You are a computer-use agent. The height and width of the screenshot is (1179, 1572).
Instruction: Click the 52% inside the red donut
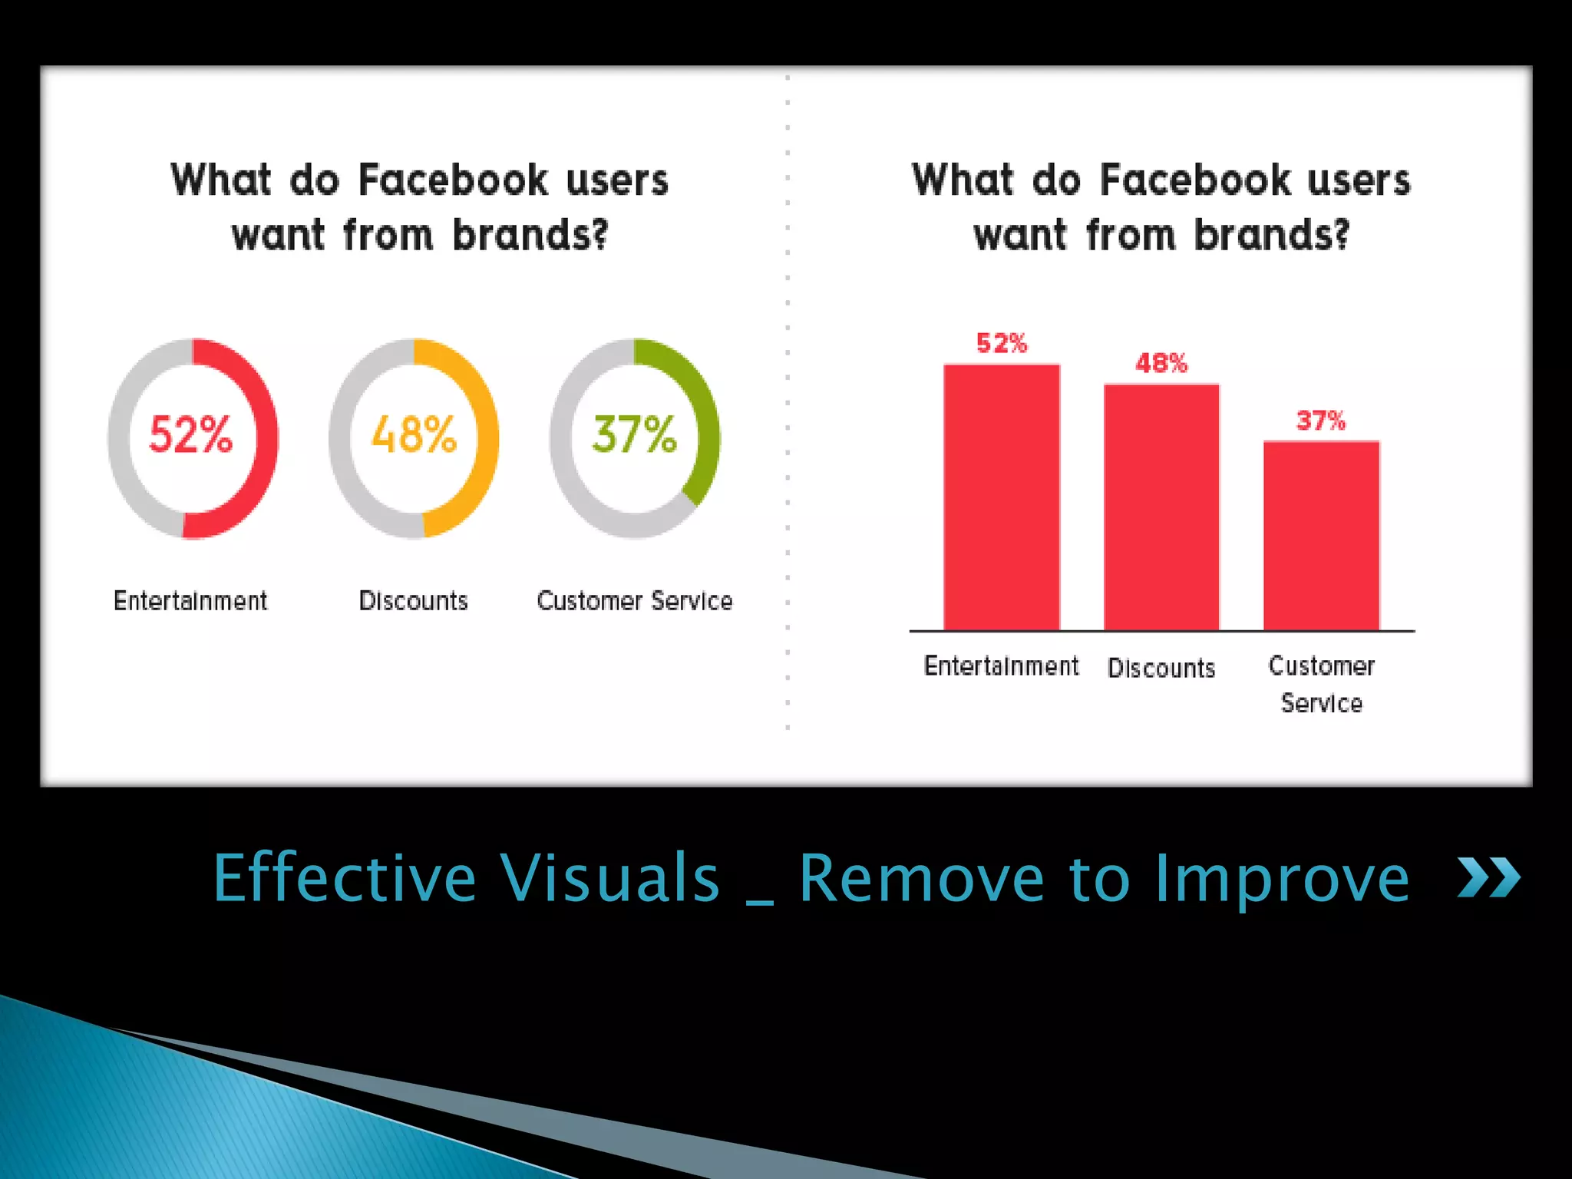[190, 435]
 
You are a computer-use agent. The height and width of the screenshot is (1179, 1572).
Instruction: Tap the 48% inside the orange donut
[414, 435]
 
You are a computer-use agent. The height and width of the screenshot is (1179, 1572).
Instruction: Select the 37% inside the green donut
[635, 435]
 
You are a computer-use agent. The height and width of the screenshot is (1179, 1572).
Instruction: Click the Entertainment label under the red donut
[190, 600]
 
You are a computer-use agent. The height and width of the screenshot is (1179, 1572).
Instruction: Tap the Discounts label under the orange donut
[414, 600]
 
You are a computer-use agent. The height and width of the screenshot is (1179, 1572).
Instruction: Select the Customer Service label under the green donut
[635, 600]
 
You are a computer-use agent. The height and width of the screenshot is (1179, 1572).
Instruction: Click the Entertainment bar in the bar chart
[1001, 499]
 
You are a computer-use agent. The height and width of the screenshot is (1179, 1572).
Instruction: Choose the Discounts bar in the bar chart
[1161, 507]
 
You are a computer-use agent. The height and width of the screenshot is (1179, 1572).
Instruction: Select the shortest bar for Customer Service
[1321, 537]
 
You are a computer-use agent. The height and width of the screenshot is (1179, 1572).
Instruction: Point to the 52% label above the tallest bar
[1001, 343]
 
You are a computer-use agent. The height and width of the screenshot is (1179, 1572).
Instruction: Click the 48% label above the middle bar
[1161, 363]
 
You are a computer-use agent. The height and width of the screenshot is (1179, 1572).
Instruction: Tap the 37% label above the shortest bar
[1321, 421]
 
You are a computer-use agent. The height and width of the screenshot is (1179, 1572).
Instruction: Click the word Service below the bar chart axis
[1321, 703]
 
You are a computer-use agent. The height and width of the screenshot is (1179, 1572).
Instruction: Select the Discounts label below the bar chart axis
[1161, 668]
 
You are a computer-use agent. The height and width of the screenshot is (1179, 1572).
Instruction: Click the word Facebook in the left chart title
[453, 180]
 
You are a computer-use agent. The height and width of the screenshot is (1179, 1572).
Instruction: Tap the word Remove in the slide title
[921, 878]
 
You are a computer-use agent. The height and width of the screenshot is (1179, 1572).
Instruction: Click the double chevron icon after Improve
[1489, 878]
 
